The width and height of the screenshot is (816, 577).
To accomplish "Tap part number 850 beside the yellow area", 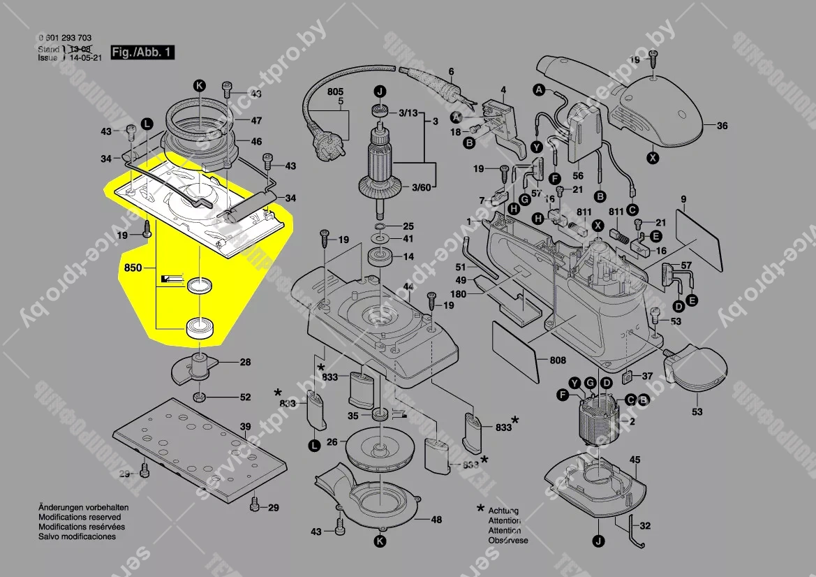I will tap(133, 268).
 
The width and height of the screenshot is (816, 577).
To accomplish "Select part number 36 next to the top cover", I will tap(722, 126).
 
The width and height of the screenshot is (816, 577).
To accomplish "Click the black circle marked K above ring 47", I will tap(200, 86).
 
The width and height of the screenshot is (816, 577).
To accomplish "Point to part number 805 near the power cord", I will tap(335, 92).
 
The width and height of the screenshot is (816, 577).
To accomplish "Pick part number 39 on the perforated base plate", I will tap(245, 426).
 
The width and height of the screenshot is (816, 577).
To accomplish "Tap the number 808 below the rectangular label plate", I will tap(558, 361).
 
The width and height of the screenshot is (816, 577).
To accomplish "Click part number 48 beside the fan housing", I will tap(436, 519).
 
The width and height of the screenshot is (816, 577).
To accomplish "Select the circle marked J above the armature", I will tap(380, 92).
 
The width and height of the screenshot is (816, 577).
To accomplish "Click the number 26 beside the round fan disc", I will tap(332, 441).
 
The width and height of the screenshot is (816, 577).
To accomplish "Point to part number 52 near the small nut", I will tap(245, 397).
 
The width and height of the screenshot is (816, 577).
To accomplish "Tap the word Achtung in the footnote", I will tap(503, 511).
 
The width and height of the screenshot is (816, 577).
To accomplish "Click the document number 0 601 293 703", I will tap(65, 38).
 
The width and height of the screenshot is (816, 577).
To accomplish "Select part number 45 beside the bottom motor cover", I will tap(635, 460).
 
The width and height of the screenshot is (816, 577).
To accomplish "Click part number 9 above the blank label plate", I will tap(683, 198).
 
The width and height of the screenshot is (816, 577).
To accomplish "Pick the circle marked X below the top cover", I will tap(652, 158).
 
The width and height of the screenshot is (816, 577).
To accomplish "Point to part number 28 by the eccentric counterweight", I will tap(246, 362).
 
